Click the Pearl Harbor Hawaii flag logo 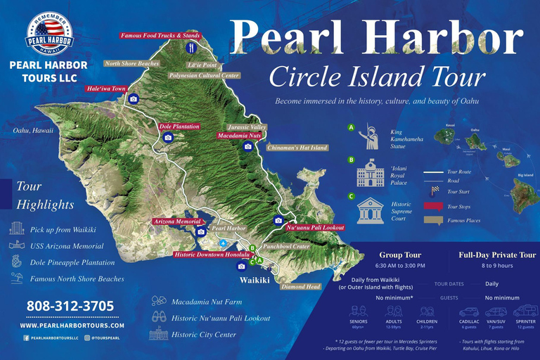coord(49,34)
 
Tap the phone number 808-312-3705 coord(70,307)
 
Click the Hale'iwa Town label coord(106,89)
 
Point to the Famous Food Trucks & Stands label coord(160,35)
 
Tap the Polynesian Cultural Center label coord(205,75)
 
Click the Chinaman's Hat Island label coord(297,148)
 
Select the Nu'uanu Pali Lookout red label coord(316,228)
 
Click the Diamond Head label coord(300,287)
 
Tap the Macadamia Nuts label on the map coord(239,135)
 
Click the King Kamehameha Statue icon coord(368,136)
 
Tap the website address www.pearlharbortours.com coord(72,326)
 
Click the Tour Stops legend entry coord(459,206)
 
